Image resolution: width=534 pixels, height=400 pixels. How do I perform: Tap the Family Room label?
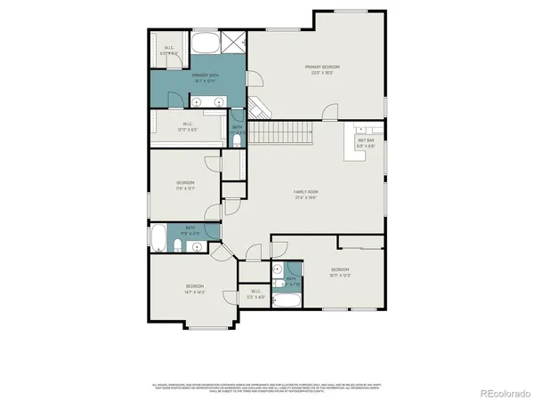(307, 195)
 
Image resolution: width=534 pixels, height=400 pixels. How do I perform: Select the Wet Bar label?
(365, 143)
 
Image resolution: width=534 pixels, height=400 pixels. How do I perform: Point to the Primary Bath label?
(206, 78)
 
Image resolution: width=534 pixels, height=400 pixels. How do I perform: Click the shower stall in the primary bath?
(234, 41)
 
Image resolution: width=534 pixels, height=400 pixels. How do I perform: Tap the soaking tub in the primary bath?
(206, 42)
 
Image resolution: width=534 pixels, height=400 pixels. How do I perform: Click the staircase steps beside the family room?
(280, 133)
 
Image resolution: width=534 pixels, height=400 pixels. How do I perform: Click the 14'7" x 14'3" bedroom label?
(194, 290)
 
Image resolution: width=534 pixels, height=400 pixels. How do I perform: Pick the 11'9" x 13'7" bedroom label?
(184, 185)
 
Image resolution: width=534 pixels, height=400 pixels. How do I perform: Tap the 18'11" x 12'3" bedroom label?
(341, 271)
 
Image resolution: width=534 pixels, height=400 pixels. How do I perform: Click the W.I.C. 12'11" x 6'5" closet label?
(188, 126)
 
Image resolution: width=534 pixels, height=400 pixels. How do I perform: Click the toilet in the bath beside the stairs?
(237, 141)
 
